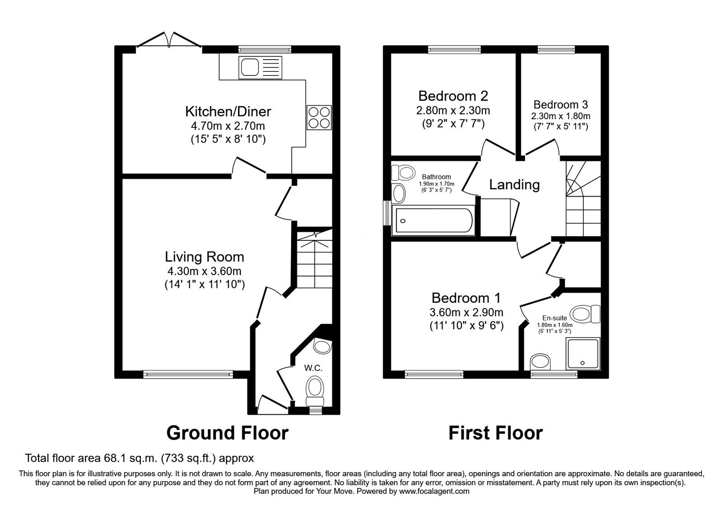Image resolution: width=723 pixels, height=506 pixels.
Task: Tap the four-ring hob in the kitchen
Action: pyautogui.click(x=319, y=117)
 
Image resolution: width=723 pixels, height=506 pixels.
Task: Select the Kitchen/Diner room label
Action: pyautogui.click(x=228, y=111)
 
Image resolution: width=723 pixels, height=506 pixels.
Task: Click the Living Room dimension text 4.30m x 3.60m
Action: pyautogui.click(x=204, y=272)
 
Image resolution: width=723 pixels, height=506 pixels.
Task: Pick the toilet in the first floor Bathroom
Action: pyautogui.click(x=404, y=173)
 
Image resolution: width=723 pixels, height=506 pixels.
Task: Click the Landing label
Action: pyautogui.click(x=514, y=184)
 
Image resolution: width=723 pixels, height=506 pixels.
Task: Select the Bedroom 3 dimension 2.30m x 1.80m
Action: pyautogui.click(x=560, y=116)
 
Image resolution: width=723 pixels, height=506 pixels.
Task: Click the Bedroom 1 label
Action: pyautogui.click(x=466, y=298)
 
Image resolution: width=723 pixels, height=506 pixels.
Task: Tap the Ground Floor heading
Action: pyautogui.click(x=227, y=433)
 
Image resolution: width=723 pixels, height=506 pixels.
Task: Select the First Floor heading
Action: pyautogui.click(x=495, y=433)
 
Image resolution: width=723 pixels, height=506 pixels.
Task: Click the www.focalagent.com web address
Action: pyautogui.click(x=434, y=491)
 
